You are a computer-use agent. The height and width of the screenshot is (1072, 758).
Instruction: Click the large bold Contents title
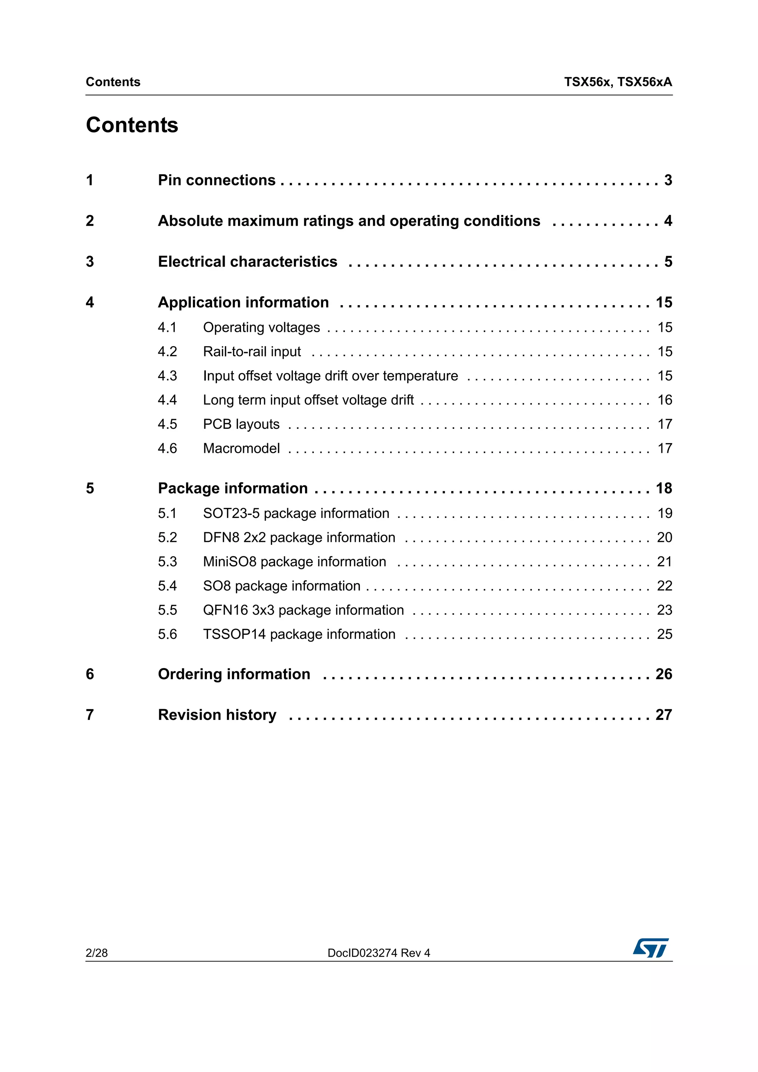[x=132, y=125]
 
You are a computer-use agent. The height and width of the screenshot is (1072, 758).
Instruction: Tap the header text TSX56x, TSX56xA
[x=618, y=82]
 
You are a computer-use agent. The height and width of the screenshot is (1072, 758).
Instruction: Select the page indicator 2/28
[x=97, y=953]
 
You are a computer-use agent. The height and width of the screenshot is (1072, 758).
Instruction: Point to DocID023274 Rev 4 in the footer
[x=379, y=953]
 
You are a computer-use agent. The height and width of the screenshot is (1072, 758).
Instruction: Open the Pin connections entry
[x=217, y=180]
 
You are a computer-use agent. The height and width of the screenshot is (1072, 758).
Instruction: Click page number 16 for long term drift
[x=665, y=400]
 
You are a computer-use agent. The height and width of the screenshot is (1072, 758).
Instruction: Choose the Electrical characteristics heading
[x=248, y=262]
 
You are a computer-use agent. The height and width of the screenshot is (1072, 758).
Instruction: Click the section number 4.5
[x=167, y=424]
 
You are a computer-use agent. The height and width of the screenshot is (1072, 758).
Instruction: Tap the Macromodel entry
[x=241, y=449]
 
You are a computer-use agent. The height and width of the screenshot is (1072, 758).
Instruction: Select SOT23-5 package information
[x=296, y=513]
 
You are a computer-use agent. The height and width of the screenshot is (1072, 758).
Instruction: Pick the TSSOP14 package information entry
[x=299, y=634]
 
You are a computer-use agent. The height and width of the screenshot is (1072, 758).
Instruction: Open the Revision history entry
[x=217, y=715]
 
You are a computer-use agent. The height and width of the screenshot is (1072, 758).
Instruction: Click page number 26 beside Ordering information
[x=664, y=674]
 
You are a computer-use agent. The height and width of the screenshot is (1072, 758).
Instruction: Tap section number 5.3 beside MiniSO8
[x=167, y=562]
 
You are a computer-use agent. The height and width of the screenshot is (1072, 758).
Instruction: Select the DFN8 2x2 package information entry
[x=299, y=538]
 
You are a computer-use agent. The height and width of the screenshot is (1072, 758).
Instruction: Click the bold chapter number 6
[x=90, y=674]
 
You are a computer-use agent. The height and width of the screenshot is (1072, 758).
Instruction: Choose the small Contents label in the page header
[x=113, y=82]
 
